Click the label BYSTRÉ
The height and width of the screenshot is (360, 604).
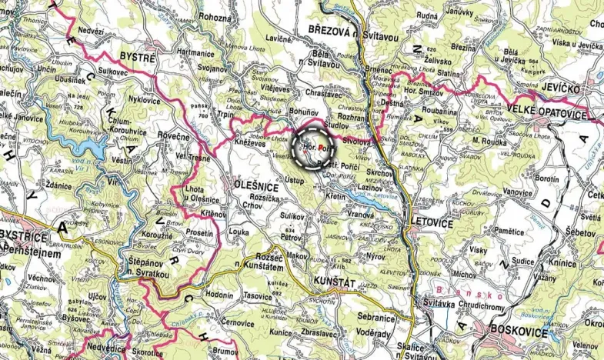[138, 57]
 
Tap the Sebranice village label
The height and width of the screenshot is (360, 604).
[376, 317]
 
